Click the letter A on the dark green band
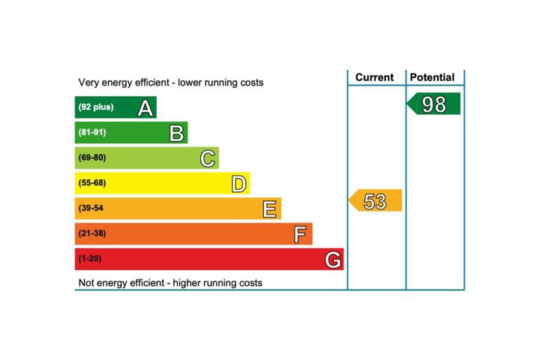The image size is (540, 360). click(x=145, y=108)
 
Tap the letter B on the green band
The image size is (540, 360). click(x=177, y=133)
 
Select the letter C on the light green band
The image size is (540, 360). click(x=208, y=159)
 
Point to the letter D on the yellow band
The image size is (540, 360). click(x=238, y=184)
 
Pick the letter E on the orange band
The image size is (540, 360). click(x=269, y=209)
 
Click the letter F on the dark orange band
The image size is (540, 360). click(x=300, y=235)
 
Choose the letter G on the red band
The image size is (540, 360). click(x=333, y=259)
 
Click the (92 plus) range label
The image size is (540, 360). click(x=96, y=107)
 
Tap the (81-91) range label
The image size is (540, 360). click(x=92, y=133)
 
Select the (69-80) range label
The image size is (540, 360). click(x=92, y=157)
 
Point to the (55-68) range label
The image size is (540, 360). click(x=92, y=183)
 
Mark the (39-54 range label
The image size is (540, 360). click(x=91, y=208)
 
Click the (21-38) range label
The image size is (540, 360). click(x=92, y=233)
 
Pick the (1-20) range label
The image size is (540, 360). click(x=90, y=259)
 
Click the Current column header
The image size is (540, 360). click(x=374, y=77)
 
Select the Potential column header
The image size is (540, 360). click(x=432, y=77)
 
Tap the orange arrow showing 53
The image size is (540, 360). click(x=376, y=200)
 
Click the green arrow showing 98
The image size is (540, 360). click(x=433, y=103)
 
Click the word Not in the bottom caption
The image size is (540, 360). click(x=86, y=283)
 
